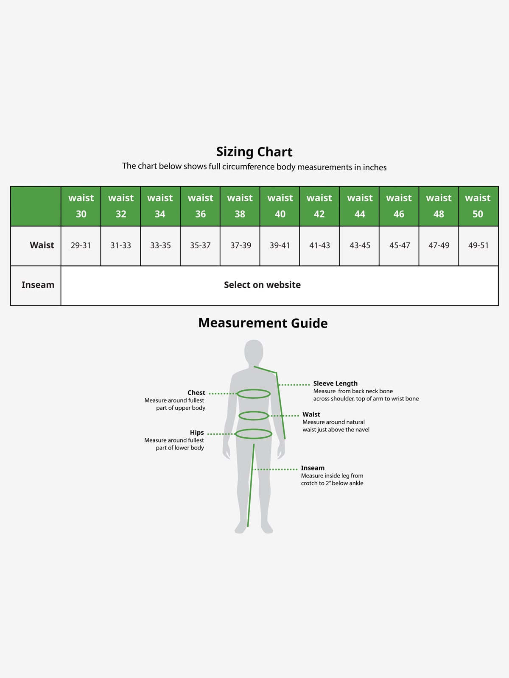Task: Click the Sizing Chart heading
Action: pyautogui.click(x=254, y=152)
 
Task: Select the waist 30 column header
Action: pyautogui.click(x=81, y=206)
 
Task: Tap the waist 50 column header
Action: pyautogui.click(x=478, y=206)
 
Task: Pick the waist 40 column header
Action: pyautogui.click(x=280, y=206)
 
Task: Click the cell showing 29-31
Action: pyautogui.click(x=81, y=245)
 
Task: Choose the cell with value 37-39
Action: pyautogui.click(x=241, y=245)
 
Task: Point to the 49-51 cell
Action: pyautogui.click(x=478, y=245)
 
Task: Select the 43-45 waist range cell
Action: pyautogui.click(x=360, y=245)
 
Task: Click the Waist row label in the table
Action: pyautogui.click(x=42, y=245)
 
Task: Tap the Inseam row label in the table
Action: pyautogui.click(x=38, y=285)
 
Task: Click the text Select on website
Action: pyautogui.click(x=262, y=285)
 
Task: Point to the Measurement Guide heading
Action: pyautogui.click(x=263, y=323)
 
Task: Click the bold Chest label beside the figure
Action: pyautogui.click(x=196, y=392)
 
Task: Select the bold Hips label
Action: pyautogui.click(x=197, y=433)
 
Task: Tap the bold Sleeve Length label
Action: pyautogui.click(x=336, y=383)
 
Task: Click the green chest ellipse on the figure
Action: pyautogui.click(x=254, y=389)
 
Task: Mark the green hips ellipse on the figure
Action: pyautogui.click(x=254, y=429)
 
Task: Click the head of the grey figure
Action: pyautogui.click(x=254, y=352)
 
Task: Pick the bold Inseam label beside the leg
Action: pyautogui.click(x=313, y=468)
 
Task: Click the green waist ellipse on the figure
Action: pyautogui.click(x=254, y=411)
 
